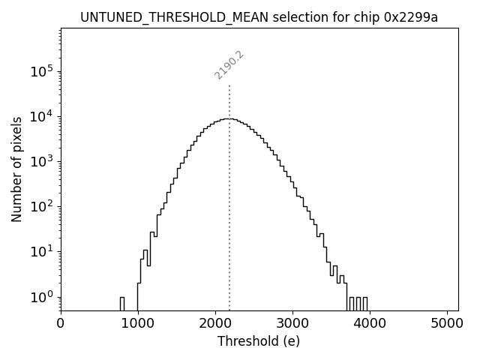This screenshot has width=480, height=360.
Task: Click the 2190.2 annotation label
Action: (229, 65)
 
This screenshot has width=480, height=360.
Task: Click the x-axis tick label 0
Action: (61, 323)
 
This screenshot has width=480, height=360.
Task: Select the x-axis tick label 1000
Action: (137, 323)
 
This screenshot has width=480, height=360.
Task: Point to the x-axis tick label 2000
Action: (215, 323)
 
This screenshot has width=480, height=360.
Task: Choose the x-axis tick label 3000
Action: (292, 323)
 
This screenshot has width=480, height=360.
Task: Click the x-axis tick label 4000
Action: (370, 323)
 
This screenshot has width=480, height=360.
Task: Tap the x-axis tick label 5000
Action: (448, 323)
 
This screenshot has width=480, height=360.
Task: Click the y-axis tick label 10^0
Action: (41, 296)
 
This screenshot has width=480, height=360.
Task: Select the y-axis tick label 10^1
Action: (41, 251)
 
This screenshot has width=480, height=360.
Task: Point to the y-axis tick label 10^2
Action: (41, 206)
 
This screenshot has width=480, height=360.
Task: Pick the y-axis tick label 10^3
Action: (41, 161)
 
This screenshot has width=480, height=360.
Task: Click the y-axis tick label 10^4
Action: (41, 116)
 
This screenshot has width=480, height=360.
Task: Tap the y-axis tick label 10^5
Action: (41, 71)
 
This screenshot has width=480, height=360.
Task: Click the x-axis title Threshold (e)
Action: (259, 341)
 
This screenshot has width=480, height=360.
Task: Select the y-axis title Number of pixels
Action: (16, 169)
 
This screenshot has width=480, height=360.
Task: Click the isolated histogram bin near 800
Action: (121, 303)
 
